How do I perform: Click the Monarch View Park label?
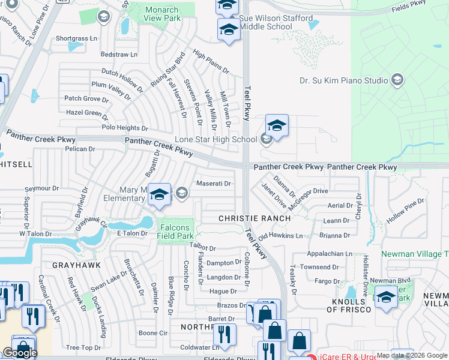(x=162, y=14)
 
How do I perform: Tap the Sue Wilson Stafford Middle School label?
(x=276, y=23)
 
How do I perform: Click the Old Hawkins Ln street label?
(x=281, y=236)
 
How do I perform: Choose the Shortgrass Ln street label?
(x=76, y=38)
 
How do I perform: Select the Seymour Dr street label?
(x=34, y=188)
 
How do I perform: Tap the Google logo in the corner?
(x=19, y=353)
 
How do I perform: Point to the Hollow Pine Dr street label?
(x=405, y=211)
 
